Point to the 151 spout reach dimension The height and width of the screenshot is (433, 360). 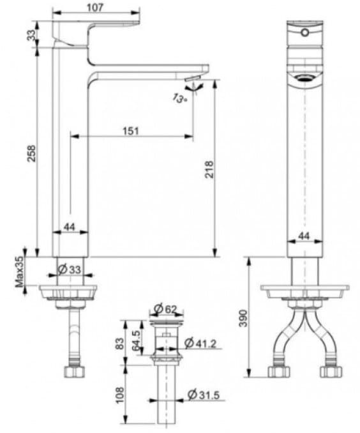coord(130,130)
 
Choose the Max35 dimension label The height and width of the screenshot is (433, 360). coord(20,271)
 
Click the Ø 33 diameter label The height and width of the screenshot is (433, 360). coord(70,270)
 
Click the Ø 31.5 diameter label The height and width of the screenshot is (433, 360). coord(204,396)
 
